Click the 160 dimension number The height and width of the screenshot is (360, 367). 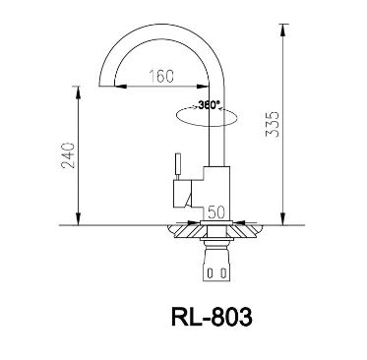click(x=163, y=75)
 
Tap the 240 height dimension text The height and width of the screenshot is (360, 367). click(x=67, y=155)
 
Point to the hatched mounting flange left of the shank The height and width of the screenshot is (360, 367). click(x=185, y=233)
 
